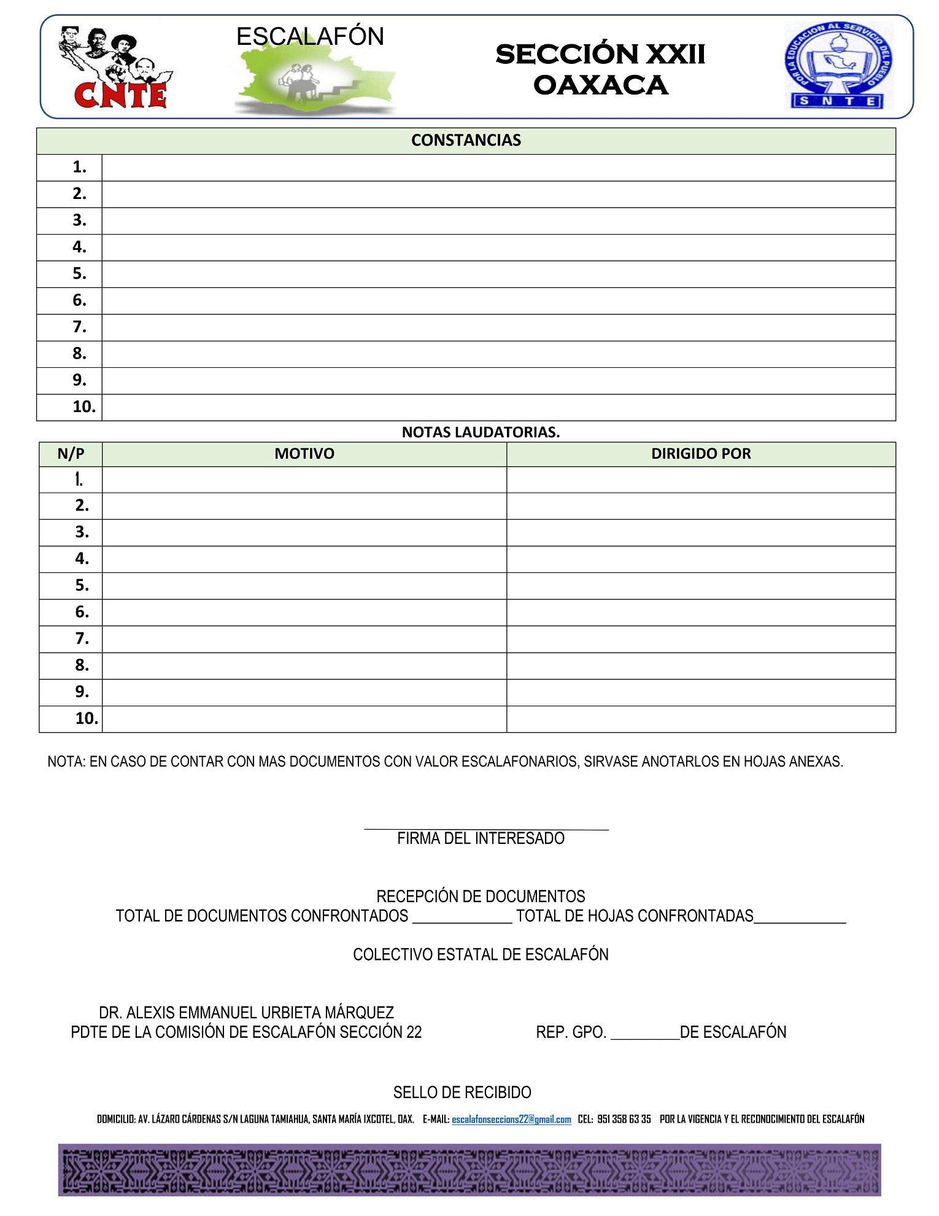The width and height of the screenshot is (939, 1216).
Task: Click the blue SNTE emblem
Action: point(838,66)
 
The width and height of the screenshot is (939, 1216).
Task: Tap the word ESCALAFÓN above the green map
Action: point(310,37)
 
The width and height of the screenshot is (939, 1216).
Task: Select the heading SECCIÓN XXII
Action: point(600,54)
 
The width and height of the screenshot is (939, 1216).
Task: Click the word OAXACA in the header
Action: point(600,85)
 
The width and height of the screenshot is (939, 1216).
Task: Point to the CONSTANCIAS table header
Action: point(466,141)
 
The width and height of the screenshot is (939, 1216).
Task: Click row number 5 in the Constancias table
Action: point(79,274)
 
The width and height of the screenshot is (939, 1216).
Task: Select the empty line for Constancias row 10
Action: point(498,407)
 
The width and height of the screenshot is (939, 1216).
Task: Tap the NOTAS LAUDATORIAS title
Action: point(481,432)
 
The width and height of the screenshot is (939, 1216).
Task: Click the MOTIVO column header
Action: point(304,454)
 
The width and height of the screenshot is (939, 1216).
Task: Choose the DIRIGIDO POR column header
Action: point(701,454)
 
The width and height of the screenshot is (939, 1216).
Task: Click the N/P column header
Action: point(71,454)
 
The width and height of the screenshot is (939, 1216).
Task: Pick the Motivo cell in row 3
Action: point(304,532)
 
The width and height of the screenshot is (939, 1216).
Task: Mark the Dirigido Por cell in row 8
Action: point(701,666)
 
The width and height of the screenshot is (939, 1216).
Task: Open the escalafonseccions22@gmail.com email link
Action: point(511,1120)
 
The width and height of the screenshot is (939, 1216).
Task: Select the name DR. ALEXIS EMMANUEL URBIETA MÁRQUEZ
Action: point(246,1013)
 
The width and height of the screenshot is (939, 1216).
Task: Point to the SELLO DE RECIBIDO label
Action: point(462,1093)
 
